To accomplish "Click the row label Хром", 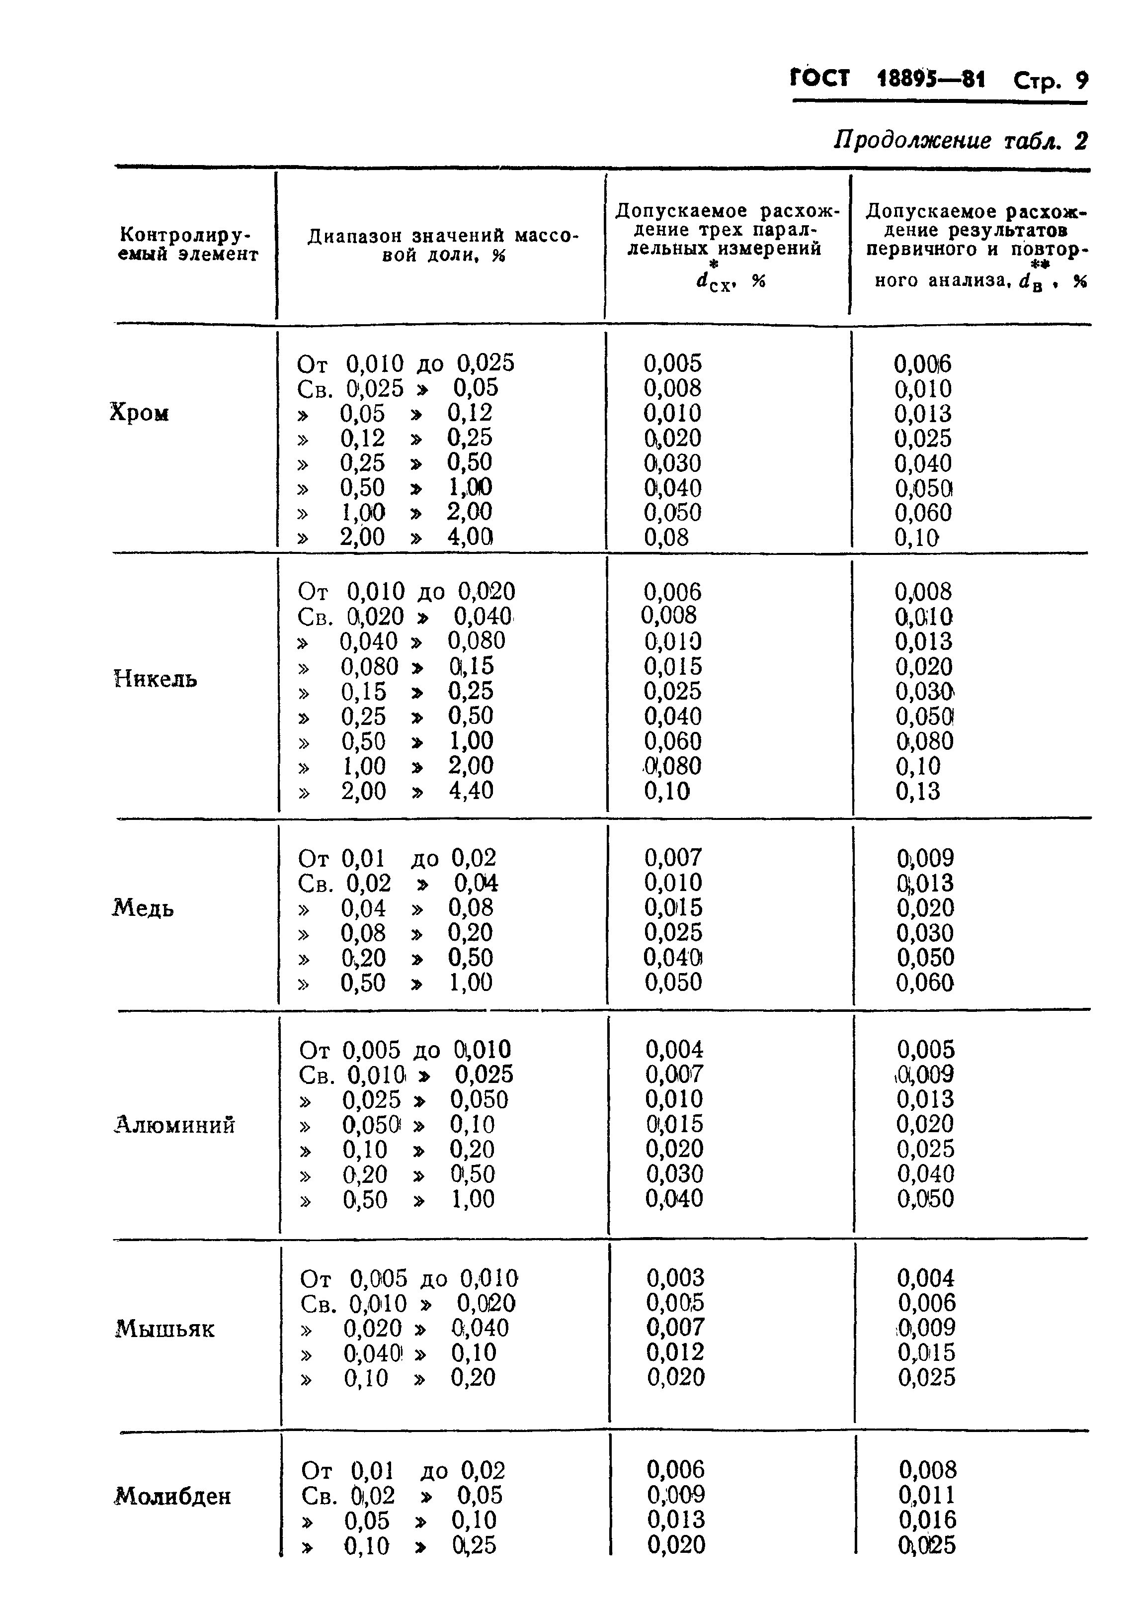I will pyautogui.click(x=140, y=413).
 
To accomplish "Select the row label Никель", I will pyautogui.click(x=155, y=679).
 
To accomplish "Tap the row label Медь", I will pyautogui.click(x=143, y=908).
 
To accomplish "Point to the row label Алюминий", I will pyautogui.click(x=174, y=1125).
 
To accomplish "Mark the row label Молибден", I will pyautogui.click(x=172, y=1497).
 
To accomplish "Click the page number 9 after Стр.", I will pyautogui.click(x=1081, y=81).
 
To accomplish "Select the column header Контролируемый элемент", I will pyautogui.click(x=188, y=244).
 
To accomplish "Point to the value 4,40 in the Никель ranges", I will pyautogui.click(x=472, y=791).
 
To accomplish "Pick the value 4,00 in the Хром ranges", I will pyautogui.click(x=471, y=537).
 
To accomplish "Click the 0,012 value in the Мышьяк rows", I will pyautogui.click(x=675, y=1352).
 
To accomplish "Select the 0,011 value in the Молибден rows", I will pyautogui.click(x=926, y=1495).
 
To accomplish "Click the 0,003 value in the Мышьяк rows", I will pyautogui.click(x=675, y=1278).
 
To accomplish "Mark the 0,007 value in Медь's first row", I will pyautogui.click(x=673, y=857).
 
